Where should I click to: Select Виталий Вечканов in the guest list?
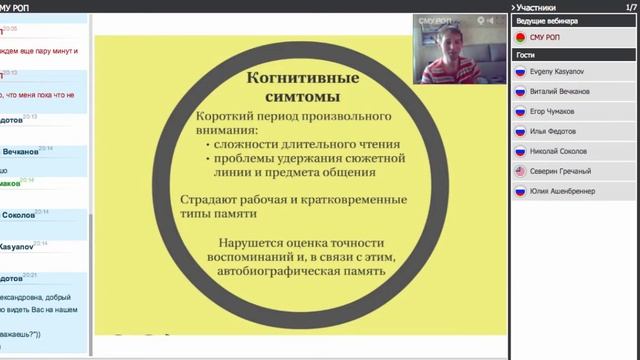(559, 91)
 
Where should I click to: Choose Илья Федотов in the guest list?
(555, 131)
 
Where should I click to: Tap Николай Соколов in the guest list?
(559, 151)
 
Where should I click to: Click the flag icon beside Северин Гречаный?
(519, 171)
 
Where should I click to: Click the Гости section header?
(525, 55)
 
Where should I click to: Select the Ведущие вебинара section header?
(545, 20)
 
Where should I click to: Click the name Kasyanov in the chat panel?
(20, 245)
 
